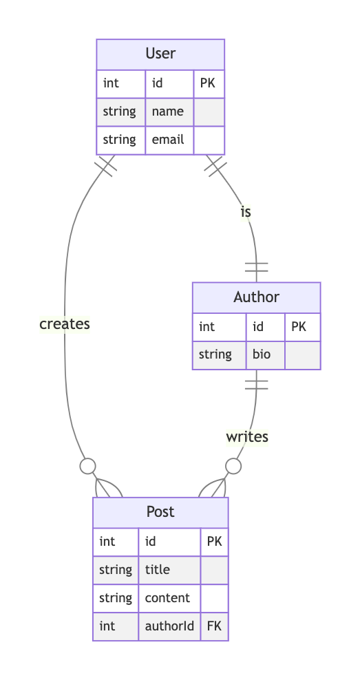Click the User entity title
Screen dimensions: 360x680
coord(160,54)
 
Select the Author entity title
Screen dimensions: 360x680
coord(256,297)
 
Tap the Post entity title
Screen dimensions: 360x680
coord(160,512)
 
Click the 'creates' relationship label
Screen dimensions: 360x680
coord(65,324)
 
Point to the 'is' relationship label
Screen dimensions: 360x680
coord(246,212)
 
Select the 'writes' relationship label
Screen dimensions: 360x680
coord(247,437)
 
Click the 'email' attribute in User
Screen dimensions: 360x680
coord(168,140)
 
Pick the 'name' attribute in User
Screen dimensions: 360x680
coord(168,111)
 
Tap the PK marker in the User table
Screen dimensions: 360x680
coord(207,83)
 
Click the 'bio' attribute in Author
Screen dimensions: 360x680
coord(262,354)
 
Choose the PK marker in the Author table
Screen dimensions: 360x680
coord(299,326)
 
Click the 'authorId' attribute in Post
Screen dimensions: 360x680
coord(169,626)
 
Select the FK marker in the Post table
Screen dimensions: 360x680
coord(214,626)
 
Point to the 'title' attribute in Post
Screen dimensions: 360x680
coord(158,569)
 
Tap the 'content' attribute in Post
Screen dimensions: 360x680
coord(167,597)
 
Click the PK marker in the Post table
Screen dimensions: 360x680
coord(214,541)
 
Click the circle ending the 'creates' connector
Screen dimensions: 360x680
coord(88,466)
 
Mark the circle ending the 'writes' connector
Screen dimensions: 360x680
coord(233,466)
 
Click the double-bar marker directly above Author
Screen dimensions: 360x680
coord(256,267)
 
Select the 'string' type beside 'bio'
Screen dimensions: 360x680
coord(215,354)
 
